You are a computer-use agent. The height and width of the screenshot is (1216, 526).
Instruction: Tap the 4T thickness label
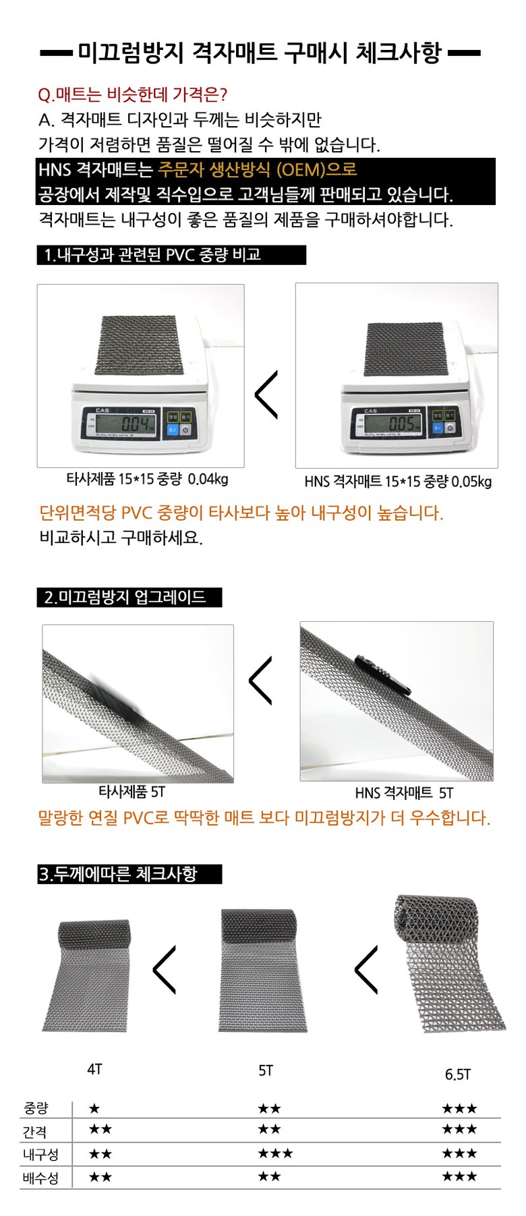94,1069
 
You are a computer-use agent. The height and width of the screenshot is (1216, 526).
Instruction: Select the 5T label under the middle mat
266,1070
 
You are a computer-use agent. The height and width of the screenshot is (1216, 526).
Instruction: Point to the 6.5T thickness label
457,1074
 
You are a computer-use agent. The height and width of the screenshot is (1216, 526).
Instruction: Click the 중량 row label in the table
36,1108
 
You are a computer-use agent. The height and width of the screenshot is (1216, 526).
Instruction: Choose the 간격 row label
34,1132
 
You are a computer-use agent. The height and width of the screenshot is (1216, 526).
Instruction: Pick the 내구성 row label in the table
40,1155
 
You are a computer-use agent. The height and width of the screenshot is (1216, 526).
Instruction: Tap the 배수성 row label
40,1178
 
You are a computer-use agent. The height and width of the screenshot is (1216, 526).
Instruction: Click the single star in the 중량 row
94,1108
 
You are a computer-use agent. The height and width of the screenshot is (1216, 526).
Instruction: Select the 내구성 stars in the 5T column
275,1153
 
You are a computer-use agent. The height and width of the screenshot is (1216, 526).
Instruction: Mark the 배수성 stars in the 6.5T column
459,1176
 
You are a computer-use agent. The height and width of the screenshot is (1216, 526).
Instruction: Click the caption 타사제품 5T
131,792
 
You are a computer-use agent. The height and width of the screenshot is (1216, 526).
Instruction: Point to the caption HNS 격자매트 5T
404,793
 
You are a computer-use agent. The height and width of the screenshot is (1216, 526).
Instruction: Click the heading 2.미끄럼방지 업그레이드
125,597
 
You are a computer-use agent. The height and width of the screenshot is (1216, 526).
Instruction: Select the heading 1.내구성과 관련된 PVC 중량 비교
152,255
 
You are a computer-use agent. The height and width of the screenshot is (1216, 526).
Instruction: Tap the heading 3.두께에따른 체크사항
118,874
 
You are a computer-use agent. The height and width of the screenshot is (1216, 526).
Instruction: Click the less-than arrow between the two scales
266,395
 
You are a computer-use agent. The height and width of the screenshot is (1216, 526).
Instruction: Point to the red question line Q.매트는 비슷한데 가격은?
133,94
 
